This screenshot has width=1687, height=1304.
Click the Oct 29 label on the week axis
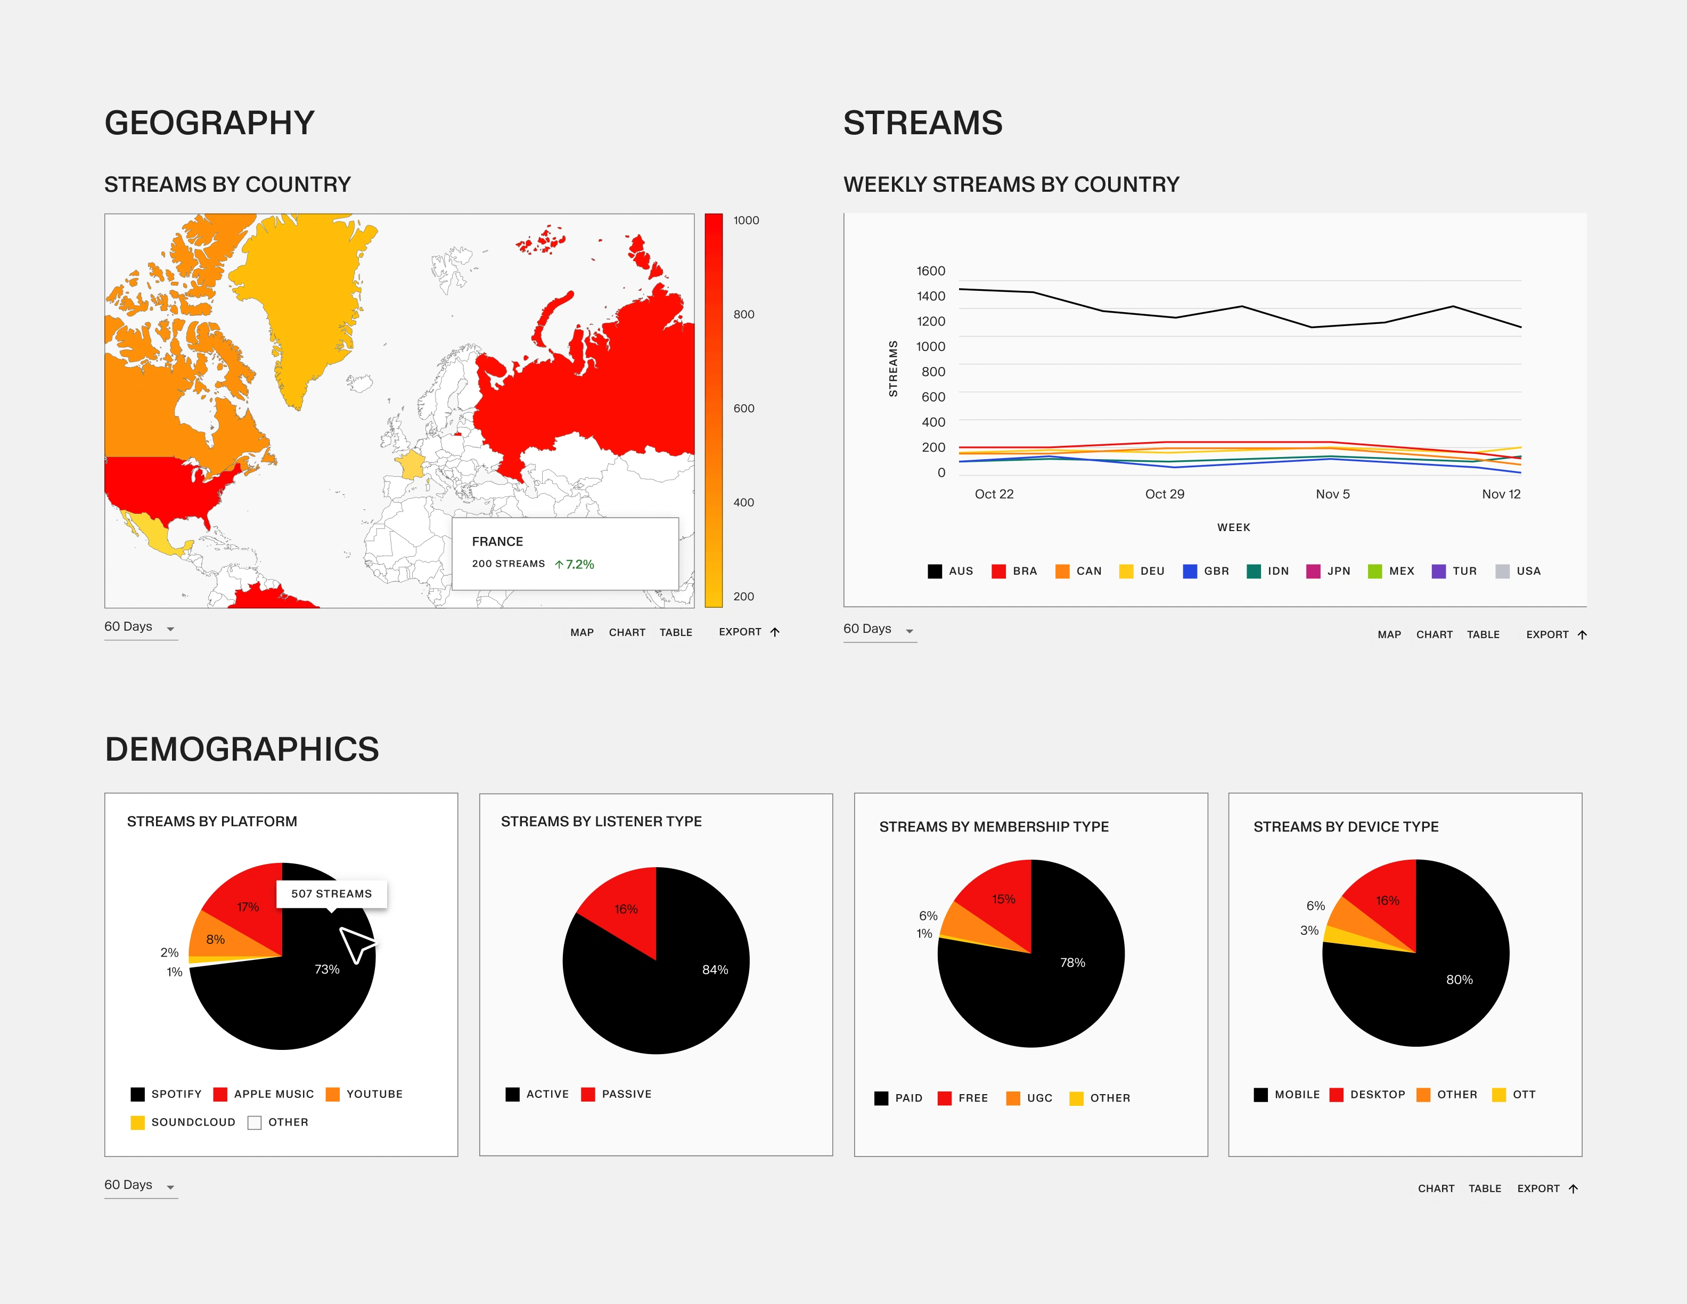coord(1164,494)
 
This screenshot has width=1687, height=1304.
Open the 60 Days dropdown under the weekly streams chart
coord(879,630)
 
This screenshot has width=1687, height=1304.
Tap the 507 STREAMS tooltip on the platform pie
coord(331,894)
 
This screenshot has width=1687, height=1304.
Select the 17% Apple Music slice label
coord(248,908)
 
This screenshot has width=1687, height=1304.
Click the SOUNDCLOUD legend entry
coord(183,1122)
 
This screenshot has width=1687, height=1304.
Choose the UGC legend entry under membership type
coord(1030,1098)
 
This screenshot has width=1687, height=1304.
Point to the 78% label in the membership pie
coord(1072,963)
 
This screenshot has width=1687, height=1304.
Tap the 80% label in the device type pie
coord(1459,980)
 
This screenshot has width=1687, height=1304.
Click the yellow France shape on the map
coord(410,465)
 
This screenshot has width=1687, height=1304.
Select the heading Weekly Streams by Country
coord(1011,185)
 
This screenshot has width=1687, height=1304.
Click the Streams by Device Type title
coord(1346,827)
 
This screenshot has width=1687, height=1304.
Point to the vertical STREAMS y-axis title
coord(894,369)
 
